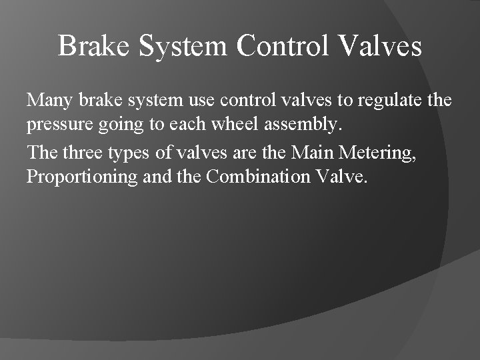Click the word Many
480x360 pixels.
pos(51,101)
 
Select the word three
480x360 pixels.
pos(85,153)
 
